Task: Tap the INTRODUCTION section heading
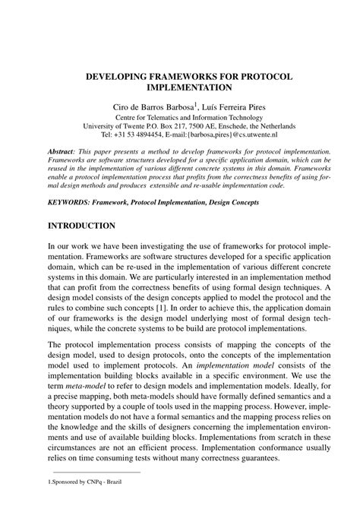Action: click(81, 226)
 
